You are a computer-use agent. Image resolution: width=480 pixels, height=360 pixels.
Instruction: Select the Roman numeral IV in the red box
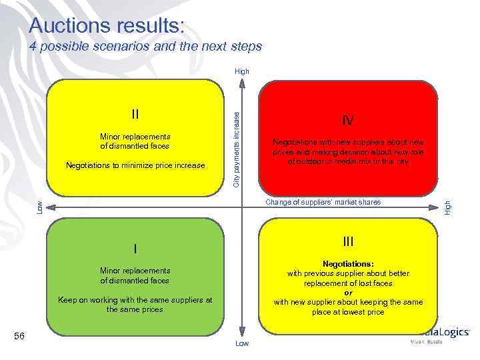pos(347,121)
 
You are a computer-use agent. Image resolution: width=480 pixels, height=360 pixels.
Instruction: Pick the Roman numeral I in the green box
pos(135,249)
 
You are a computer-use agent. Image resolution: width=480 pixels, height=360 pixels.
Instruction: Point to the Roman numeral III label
pos(347,241)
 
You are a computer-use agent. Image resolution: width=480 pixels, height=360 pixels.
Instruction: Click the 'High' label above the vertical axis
pos(241,71)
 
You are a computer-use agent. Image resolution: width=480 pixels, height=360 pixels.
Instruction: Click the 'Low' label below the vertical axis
pos(241,343)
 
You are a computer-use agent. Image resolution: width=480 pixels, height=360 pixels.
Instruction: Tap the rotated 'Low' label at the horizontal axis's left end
pos(39,207)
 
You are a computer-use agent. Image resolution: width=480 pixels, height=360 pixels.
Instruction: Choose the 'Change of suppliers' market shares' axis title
pos(323,202)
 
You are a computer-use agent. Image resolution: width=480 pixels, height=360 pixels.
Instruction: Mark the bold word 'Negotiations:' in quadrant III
pos(348,264)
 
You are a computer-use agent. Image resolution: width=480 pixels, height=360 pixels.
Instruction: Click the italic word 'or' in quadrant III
pos(348,293)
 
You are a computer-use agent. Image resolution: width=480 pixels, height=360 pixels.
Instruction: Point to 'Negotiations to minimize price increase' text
pos(135,165)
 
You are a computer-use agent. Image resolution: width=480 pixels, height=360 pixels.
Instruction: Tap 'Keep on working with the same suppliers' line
pos(135,300)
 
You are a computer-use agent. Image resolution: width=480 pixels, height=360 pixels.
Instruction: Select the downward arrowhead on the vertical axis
pos(241,333)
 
